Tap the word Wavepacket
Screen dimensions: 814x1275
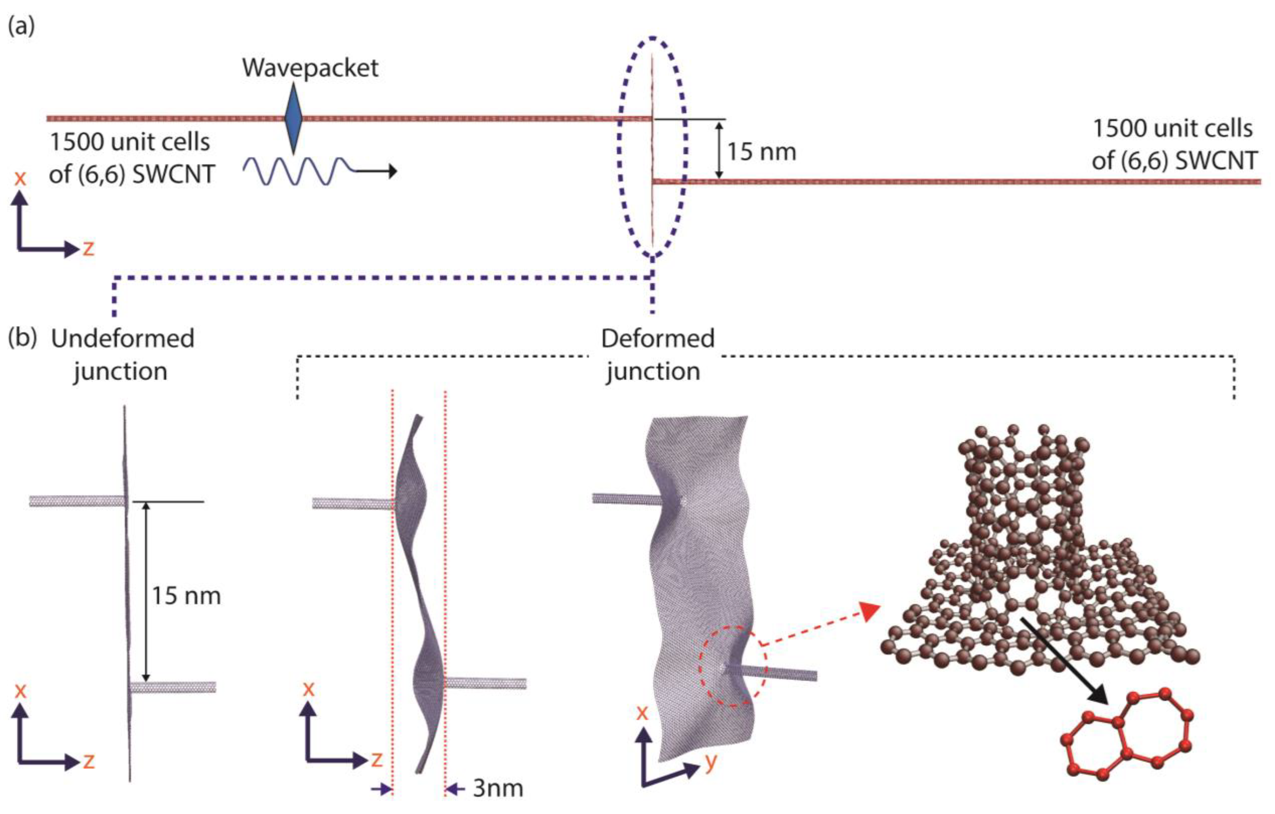point(310,68)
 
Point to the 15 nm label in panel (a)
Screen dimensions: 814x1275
point(761,152)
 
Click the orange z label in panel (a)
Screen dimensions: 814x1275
point(88,248)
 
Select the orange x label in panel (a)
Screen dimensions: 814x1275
point(20,178)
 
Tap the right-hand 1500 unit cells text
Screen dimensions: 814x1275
point(1173,145)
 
